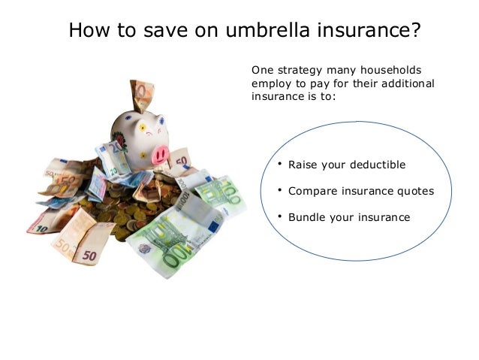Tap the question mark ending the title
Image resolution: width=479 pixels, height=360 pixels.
(x=414, y=31)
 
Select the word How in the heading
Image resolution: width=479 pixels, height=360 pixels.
(x=88, y=31)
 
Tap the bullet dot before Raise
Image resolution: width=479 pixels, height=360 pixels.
(x=279, y=163)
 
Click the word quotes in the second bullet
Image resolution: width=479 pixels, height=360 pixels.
(x=412, y=191)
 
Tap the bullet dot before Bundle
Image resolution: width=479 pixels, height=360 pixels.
(x=279, y=216)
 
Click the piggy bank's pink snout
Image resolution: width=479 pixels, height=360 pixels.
(x=161, y=153)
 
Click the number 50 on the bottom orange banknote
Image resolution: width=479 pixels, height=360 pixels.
(x=89, y=255)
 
